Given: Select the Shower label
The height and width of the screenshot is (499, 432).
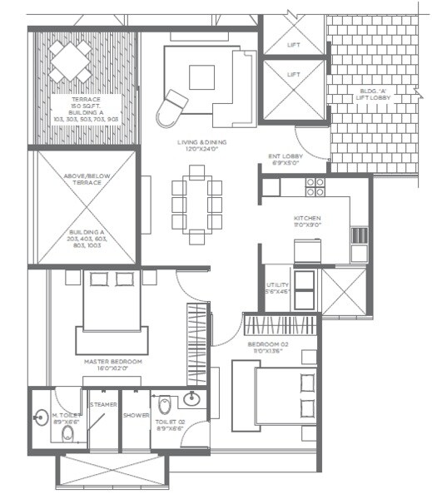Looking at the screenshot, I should point(136,415).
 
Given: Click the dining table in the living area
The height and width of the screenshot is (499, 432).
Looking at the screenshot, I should point(197,205).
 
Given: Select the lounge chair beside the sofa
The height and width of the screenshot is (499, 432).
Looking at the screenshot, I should point(174,104).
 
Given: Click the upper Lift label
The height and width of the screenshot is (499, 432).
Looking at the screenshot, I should point(293,45).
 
